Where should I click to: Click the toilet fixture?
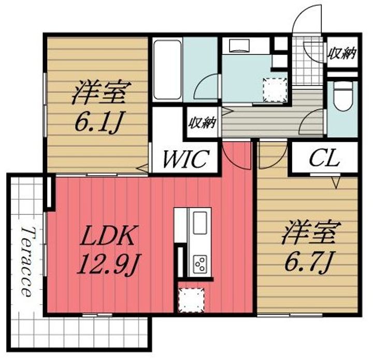(x=342, y=98)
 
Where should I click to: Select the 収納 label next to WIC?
(x=202, y=123)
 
